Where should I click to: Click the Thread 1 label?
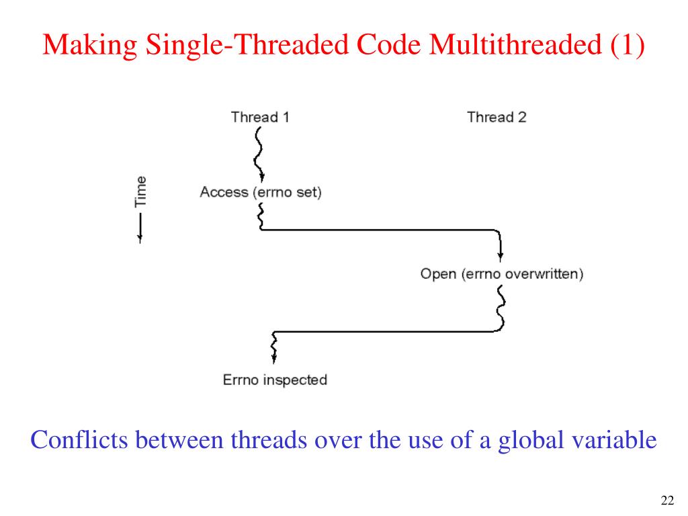click(x=260, y=117)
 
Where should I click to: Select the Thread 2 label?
click(x=497, y=117)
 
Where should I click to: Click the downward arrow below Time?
click(x=140, y=228)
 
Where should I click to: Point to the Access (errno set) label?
click(x=261, y=192)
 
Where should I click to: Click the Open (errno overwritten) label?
click(x=502, y=274)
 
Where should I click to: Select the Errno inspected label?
click(x=275, y=380)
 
